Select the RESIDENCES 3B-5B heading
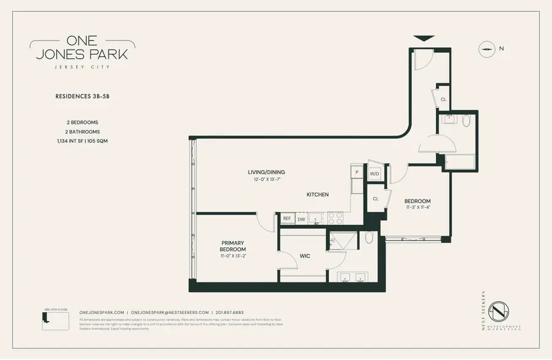[x=82, y=96]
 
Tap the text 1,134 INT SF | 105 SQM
[x=82, y=141]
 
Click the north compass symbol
[x=488, y=48]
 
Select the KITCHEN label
[x=318, y=194]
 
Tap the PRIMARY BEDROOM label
[x=233, y=246]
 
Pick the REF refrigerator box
[x=286, y=218]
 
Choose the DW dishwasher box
[x=301, y=218]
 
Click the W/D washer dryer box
[x=374, y=174]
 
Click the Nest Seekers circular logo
[x=502, y=312]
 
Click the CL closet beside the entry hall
[x=443, y=98]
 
